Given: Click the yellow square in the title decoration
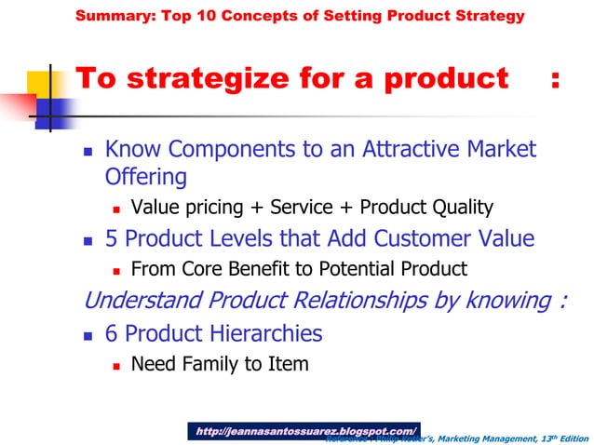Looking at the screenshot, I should pos(48,80).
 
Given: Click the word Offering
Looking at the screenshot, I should pos(146,177).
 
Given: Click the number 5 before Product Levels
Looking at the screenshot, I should pos(112,239).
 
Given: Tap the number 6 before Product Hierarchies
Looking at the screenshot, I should pos(112,333).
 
